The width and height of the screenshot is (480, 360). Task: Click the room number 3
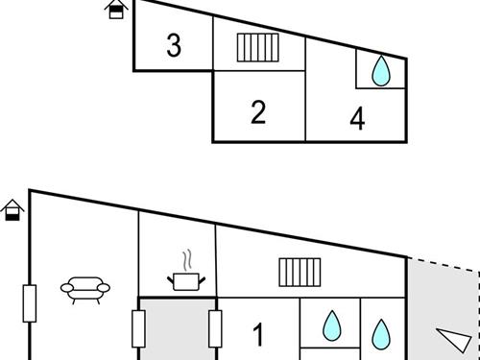tap(174, 45)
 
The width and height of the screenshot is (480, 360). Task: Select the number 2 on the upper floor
tap(258, 112)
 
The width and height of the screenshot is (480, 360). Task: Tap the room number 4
tap(357, 118)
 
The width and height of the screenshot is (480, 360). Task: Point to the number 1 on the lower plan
tap(258, 334)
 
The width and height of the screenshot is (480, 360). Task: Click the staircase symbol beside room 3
tap(258, 48)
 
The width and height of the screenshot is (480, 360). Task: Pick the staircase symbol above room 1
tap(300, 273)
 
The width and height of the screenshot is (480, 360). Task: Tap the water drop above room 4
tap(381, 71)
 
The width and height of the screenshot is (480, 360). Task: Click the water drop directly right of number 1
tap(332, 325)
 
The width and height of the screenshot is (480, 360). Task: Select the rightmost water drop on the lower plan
tap(381, 334)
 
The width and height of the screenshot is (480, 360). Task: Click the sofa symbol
tap(85, 290)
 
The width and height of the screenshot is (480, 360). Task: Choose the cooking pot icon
tap(186, 281)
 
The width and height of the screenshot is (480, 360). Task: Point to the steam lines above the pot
tap(187, 260)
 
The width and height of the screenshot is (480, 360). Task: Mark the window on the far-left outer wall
tap(30, 303)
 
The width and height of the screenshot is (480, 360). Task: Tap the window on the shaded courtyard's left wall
tap(138, 328)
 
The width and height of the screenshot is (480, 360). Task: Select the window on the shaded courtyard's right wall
tap(215, 328)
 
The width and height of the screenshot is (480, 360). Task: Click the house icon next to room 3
tap(116, 10)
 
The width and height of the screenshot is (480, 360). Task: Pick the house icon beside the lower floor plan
tap(12, 210)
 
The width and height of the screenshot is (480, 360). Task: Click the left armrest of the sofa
tap(67, 288)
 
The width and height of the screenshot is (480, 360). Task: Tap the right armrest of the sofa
tap(104, 288)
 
